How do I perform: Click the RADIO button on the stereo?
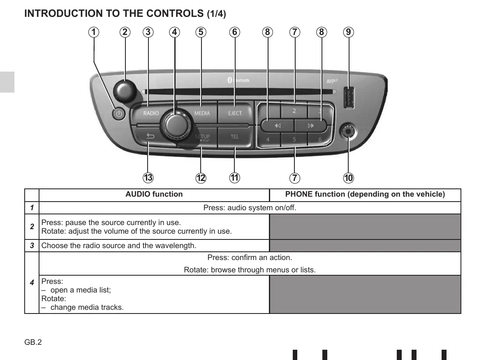[x=150, y=114]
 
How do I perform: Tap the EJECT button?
[x=235, y=113]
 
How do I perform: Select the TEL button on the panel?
[x=235, y=137]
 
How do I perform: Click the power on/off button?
[x=119, y=114]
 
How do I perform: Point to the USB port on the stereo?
[x=349, y=98]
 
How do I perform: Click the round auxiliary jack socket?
[x=348, y=131]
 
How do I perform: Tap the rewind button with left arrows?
[x=278, y=125]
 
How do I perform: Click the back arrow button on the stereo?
[x=150, y=137]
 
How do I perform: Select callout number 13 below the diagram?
[x=148, y=178]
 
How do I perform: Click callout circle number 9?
[x=348, y=32]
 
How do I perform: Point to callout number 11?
[x=235, y=178]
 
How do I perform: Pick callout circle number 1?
[x=94, y=32]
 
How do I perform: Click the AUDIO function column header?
[x=154, y=194]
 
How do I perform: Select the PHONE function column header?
[x=365, y=194]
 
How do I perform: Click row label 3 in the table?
[x=32, y=246]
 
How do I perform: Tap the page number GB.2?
[x=33, y=342]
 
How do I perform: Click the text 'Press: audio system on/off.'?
[x=250, y=208]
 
